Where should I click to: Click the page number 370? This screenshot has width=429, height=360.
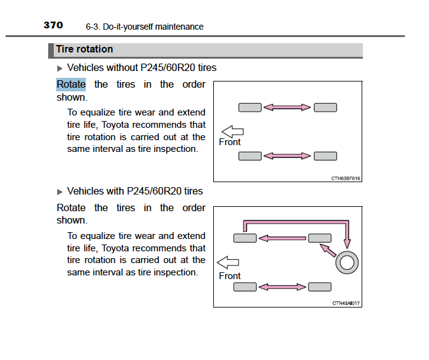(x=53, y=25)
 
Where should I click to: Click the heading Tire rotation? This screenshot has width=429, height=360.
(x=84, y=49)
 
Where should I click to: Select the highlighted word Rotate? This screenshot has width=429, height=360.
(x=71, y=84)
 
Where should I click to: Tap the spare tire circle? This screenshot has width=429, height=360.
(x=347, y=262)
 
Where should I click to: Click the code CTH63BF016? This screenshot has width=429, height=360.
(x=346, y=178)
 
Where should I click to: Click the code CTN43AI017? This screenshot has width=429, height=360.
(x=346, y=303)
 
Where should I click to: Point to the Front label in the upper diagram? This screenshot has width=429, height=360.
(x=230, y=142)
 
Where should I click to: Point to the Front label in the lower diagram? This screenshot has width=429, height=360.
(x=230, y=276)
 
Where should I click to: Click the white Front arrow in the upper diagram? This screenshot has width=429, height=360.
(x=232, y=132)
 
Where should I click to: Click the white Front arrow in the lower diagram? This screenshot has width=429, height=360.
(x=227, y=262)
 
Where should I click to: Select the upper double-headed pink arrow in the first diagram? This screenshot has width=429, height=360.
(x=287, y=107)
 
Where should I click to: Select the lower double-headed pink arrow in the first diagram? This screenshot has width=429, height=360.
(x=287, y=156)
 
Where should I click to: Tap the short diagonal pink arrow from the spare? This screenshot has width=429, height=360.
(x=328, y=250)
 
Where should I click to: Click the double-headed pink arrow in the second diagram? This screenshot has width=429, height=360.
(x=282, y=287)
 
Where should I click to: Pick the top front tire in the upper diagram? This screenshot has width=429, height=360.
(x=250, y=107)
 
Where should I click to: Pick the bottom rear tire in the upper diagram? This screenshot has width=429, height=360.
(x=325, y=156)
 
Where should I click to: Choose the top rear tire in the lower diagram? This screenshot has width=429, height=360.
(x=320, y=238)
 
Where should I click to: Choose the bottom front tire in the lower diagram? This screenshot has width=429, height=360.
(x=245, y=287)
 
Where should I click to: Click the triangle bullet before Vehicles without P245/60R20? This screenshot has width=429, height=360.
(x=59, y=69)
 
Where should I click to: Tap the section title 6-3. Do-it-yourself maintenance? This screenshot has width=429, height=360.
(x=145, y=27)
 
